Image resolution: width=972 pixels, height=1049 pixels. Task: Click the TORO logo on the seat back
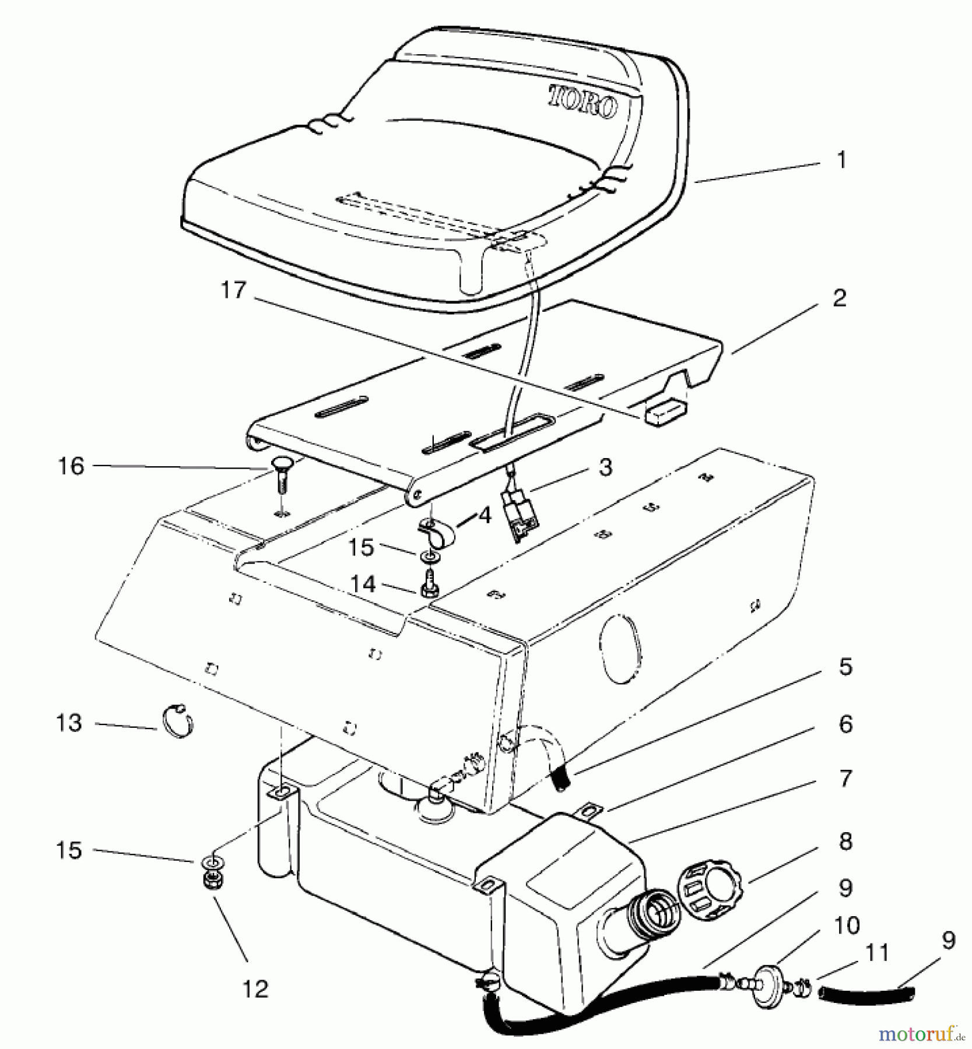tap(582, 103)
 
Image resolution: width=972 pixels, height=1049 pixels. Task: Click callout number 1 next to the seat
tap(841, 159)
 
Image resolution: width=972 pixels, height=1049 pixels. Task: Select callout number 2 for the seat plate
tap(838, 298)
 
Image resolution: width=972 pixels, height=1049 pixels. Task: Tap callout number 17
tap(234, 290)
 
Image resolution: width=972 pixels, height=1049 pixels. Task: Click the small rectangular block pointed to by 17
tap(665, 413)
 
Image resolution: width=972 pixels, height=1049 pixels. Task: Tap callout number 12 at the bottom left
tap(255, 988)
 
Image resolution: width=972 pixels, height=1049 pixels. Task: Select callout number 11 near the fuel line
tap(876, 953)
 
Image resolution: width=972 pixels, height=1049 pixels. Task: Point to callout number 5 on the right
tap(845, 666)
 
